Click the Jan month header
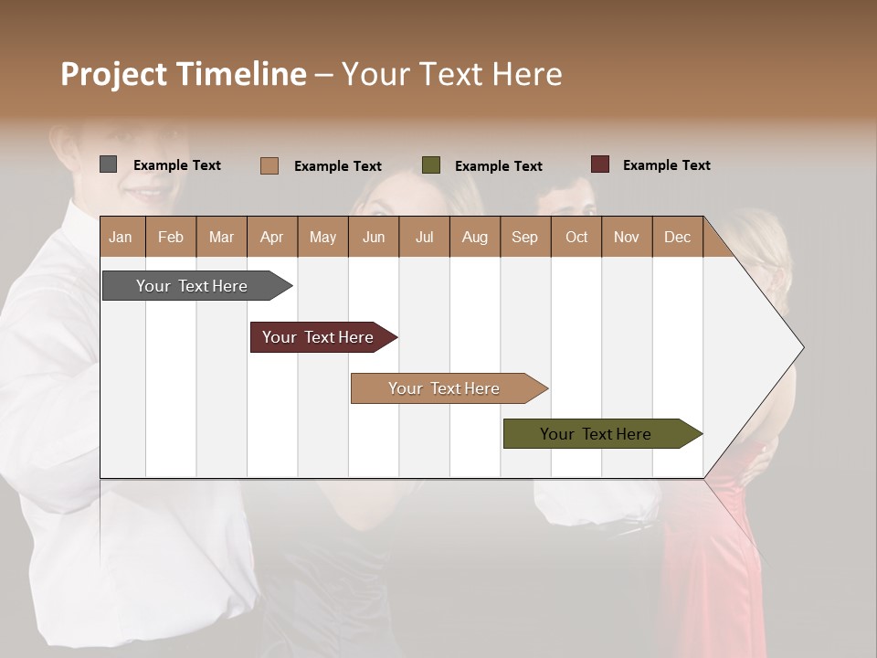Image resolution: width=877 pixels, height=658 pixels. (121, 237)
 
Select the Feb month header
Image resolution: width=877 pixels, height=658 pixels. (171, 237)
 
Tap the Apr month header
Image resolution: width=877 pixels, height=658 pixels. (271, 237)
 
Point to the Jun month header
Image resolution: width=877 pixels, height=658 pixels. (373, 237)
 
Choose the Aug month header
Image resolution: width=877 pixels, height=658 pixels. (474, 237)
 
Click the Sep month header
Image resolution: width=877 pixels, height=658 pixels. (524, 237)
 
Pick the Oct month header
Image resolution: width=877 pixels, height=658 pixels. (576, 237)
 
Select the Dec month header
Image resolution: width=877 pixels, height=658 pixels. (677, 237)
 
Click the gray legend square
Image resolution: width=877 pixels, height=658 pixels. (109, 164)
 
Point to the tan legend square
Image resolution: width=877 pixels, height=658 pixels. (269, 165)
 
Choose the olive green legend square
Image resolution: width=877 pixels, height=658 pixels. (431, 165)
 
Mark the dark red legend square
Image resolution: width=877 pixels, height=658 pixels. (600, 164)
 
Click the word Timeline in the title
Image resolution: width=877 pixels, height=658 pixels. (241, 74)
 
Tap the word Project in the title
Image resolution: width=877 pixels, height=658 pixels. (114, 74)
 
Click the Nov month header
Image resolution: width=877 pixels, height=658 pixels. (627, 237)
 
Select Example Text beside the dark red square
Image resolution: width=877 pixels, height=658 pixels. (666, 164)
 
